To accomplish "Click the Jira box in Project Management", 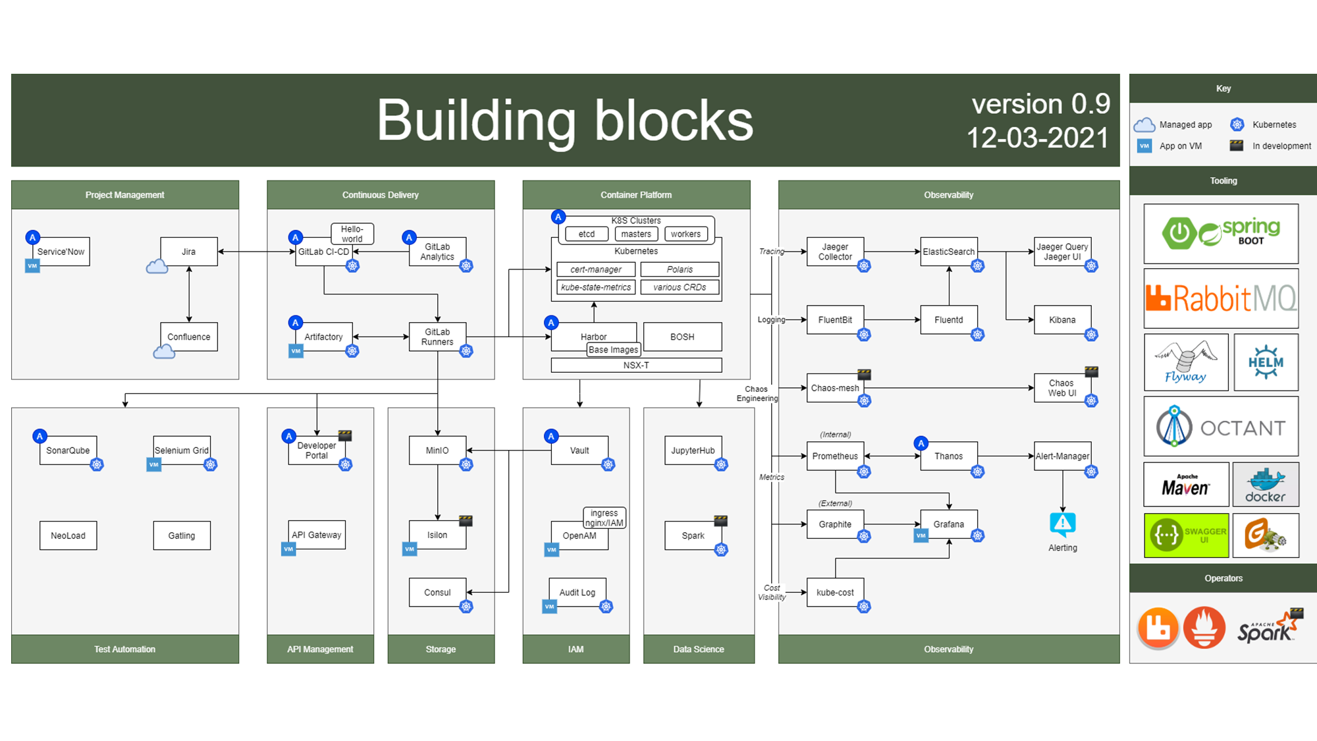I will pos(189,252).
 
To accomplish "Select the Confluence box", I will pos(189,337).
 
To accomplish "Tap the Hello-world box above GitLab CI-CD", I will pos(352,234).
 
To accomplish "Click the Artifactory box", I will pos(323,337).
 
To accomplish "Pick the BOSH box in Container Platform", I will pos(682,337).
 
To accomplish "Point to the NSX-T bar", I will pos(636,365).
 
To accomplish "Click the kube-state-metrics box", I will pos(596,287).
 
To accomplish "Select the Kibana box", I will pos(1062,320).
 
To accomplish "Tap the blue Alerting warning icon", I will pos(1062,524).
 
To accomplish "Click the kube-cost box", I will pos(835,592).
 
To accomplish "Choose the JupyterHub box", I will pos(693,451).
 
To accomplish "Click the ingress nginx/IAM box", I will pos(605,518).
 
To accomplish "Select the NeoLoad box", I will pos(68,535).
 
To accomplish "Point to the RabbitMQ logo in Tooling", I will pos(1221,298).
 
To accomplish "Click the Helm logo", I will pos(1266,362).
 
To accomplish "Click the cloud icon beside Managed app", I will pos(1144,124).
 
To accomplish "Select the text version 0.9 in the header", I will pos(1040,104).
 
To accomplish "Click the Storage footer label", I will pos(441,649).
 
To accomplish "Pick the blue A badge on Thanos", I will pos(921,443).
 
